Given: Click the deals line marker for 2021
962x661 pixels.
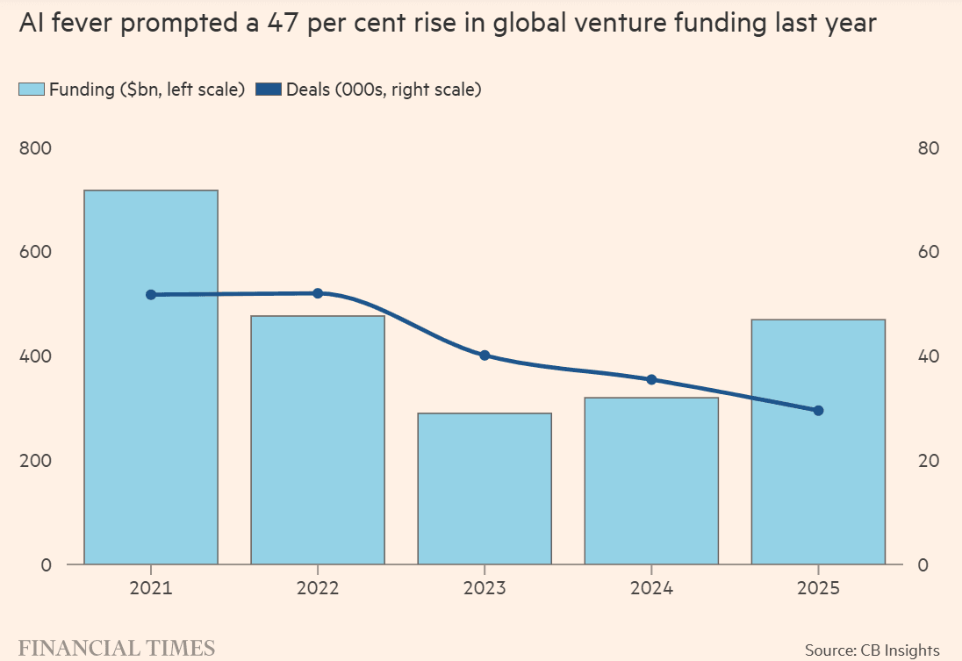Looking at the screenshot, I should pos(151,295).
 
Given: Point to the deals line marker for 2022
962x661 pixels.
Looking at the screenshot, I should pos(318,293).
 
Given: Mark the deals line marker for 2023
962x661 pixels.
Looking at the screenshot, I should pos(485,356).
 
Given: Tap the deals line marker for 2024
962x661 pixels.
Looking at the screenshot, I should pos(651,379).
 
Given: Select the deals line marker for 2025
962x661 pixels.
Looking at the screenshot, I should pos(818,410).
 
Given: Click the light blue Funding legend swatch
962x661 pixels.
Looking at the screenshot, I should pos(32,90).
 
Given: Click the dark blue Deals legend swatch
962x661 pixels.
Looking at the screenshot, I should pos(268,90).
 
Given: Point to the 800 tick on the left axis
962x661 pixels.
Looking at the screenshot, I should pos(36,148).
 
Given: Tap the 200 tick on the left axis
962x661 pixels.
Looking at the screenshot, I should pos(36,461).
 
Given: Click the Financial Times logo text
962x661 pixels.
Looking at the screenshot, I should pos(117,649).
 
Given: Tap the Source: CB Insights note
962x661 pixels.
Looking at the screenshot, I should pos(872,650).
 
